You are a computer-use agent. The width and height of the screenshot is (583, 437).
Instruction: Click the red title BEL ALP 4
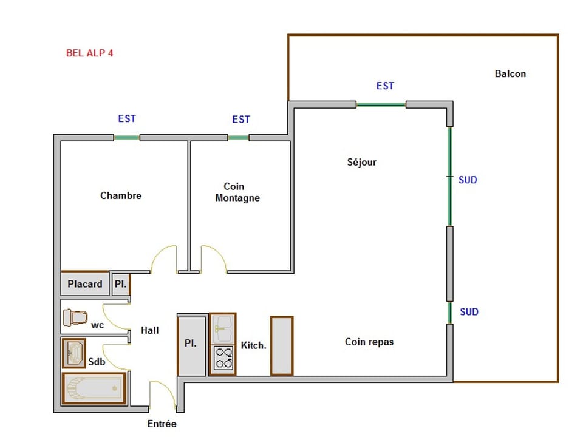tap(89, 53)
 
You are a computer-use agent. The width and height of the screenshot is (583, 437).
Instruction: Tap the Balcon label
tap(510, 74)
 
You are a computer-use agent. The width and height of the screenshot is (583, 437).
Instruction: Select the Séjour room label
tap(362, 162)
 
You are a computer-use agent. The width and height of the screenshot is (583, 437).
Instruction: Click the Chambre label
tap(121, 195)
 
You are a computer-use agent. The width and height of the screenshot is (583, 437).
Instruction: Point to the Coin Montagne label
tap(237, 192)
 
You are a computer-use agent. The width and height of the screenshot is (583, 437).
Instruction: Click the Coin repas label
tap(369, 342)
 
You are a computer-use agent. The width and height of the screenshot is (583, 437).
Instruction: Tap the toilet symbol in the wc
tap(76, 317)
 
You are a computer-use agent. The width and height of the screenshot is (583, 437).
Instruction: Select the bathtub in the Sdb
tap(94, 388)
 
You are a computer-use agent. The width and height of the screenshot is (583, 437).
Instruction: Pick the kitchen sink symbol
tap(223, 328)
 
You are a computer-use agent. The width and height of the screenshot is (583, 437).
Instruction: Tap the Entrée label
tap(162, 424)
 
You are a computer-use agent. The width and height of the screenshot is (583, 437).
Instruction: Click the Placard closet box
tap(85, 284)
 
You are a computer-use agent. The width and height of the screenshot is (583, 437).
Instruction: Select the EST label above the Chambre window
tap(127, 119)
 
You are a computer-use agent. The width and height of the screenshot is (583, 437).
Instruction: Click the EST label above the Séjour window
tap(385, 86)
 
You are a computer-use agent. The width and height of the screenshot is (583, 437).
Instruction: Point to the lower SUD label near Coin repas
tap(469, 312)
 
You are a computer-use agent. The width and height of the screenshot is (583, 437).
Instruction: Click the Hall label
tap(150, 330)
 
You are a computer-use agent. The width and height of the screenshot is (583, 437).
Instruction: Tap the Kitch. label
tap(253, 345)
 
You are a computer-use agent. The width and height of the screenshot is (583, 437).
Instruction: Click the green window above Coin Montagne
tap(239, 138)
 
